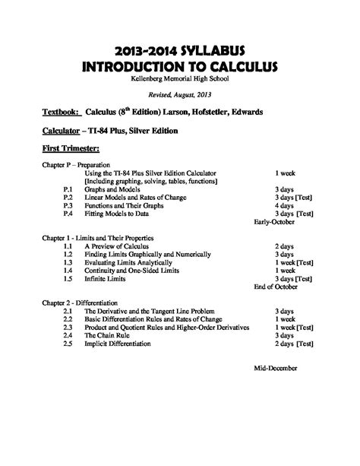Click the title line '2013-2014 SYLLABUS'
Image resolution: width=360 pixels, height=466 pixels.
click(x=180, y=49)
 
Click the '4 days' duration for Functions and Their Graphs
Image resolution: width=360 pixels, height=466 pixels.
click(x=284, y=205)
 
